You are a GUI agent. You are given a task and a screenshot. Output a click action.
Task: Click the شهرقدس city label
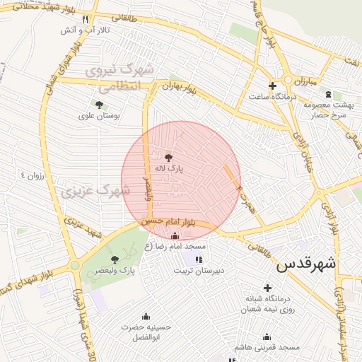(x=305, y=265)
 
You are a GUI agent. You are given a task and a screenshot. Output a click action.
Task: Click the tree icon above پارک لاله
(x=168, y=158)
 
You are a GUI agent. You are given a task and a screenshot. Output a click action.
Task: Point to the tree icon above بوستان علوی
(x=99, y=103)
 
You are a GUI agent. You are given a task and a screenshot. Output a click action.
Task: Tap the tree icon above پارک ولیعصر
(x=115, y=260)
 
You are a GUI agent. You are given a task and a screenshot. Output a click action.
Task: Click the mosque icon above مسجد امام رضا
(x=175, y=236)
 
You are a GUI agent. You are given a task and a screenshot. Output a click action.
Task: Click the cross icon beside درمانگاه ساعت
(x=272, y=85)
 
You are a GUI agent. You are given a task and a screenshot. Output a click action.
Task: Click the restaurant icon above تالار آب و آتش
(x=86, y=19)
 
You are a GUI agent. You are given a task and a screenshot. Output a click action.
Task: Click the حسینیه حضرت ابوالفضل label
(x=146, y=332)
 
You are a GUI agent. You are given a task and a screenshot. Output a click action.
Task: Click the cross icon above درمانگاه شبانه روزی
(x=267, y=288)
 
